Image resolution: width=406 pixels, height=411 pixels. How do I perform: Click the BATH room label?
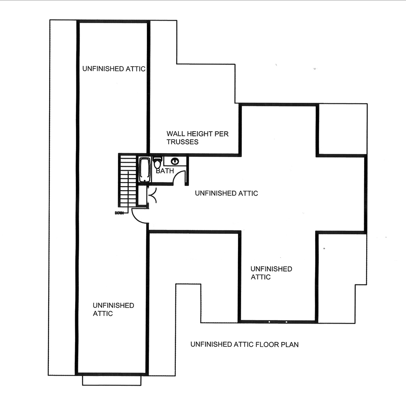tap(165, 171)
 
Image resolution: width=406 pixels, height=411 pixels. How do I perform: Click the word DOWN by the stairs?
tap(119, 213)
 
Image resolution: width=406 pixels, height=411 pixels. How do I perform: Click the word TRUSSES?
tap(183, 142)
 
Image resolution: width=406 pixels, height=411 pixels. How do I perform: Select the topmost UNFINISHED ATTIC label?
tap(114, 69)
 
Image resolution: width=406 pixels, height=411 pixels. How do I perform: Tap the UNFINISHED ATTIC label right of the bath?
tap(226, 193)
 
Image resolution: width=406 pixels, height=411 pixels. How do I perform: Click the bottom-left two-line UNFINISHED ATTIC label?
tap(113, 309)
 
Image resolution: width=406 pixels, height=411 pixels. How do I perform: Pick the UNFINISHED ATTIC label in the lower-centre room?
tap(271, 273)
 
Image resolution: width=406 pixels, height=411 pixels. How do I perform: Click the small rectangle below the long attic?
tap(112, 381)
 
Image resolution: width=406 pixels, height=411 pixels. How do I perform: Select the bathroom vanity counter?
tap(176, 161)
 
